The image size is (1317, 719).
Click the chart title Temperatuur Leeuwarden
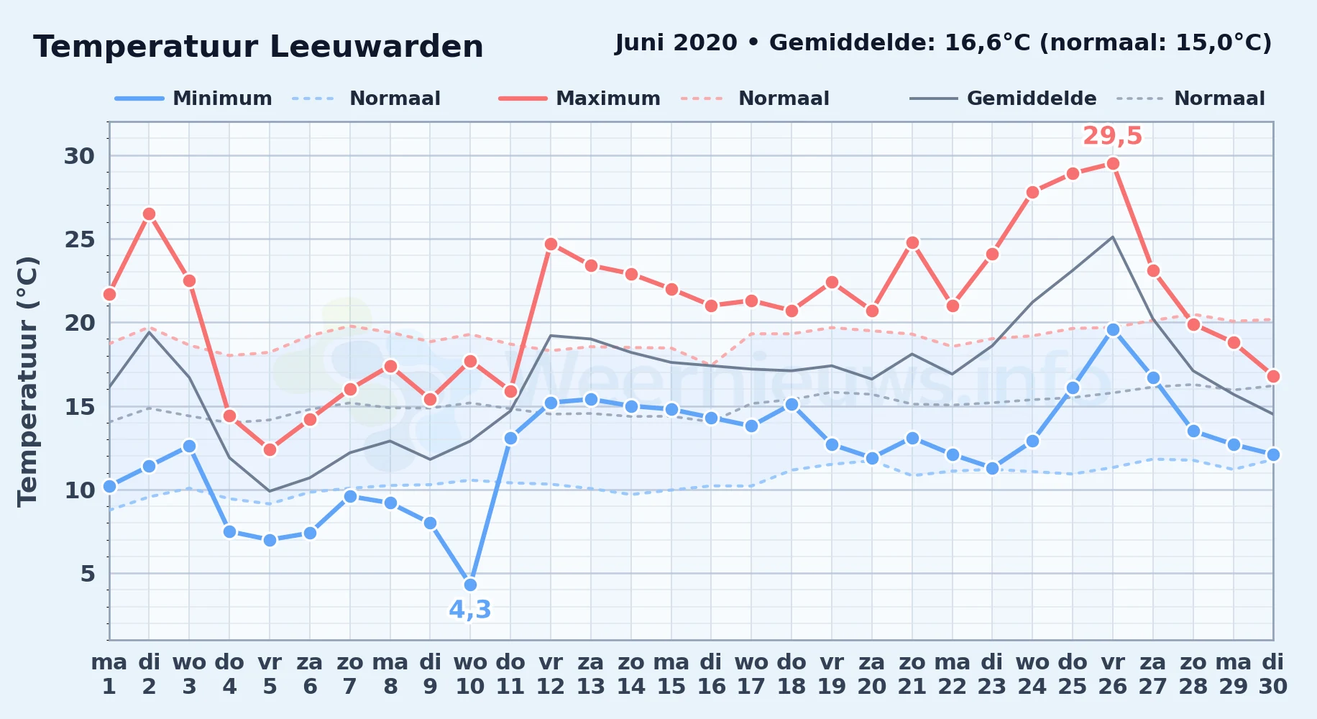click(258, 47)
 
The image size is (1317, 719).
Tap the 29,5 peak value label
click(1112, 136)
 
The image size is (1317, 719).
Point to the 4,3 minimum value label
click(470, 610)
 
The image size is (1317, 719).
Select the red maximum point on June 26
click(1113, 163)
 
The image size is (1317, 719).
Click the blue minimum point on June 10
click(470, 585)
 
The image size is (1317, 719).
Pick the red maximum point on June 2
click(149, 214)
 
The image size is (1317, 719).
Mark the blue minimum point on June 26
click(1113, 329)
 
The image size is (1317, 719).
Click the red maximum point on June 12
click(551, 244)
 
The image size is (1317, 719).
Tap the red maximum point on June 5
click(270, 449)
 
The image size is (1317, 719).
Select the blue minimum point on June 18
click(791, 404)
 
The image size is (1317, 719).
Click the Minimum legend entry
click(193, 99)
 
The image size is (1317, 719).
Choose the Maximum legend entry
click(579, 99)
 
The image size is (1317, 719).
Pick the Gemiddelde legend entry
click(1003, 99)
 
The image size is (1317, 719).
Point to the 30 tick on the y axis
click(80, 156)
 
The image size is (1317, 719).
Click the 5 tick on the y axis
click(88, 574)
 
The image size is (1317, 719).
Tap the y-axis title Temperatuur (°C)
click(28, 381)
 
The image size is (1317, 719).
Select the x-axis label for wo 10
click(470, 674)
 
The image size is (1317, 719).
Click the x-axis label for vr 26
click(1113, 674)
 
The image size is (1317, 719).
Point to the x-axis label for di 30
click(1273, 674)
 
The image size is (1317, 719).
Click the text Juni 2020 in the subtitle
click(676, 43)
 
